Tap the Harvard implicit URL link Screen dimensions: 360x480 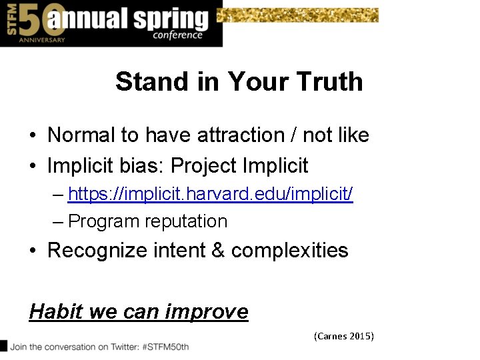pyautogui.click(x=210, y=194)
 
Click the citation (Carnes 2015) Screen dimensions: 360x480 pyautogui.click(x=344, y=336)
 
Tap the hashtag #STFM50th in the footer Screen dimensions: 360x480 pyautogui.click(x=163, y=347)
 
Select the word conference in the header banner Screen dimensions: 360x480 pyautogui.click(x=177, y=35)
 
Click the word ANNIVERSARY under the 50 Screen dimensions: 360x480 pyautogui.click(x=41, y=40)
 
